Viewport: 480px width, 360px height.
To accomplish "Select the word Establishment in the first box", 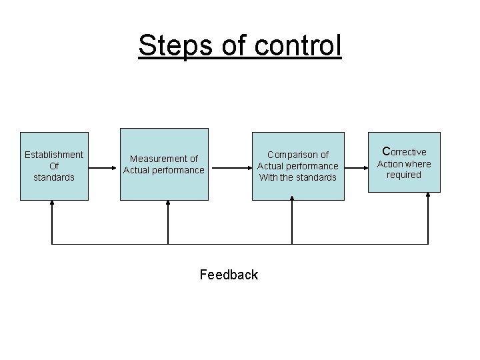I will [x=54, y=155].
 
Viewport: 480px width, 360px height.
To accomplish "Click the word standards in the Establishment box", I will [x=54, y=177].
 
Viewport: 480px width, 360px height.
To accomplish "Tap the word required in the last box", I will [x=404, y=175].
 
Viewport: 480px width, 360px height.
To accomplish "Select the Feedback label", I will [x=229, y=275].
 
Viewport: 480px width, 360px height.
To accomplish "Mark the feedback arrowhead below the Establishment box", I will [x=53, y=205].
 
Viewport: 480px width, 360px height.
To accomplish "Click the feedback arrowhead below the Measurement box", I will [x=167, y=205].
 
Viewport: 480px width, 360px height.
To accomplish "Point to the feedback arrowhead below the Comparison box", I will [x=292, y=205].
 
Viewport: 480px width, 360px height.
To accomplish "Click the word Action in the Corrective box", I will [x=391, y=164].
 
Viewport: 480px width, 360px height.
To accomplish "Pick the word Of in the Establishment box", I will [x=54, y=166].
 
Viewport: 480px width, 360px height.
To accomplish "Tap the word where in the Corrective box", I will [x=419, y=164].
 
